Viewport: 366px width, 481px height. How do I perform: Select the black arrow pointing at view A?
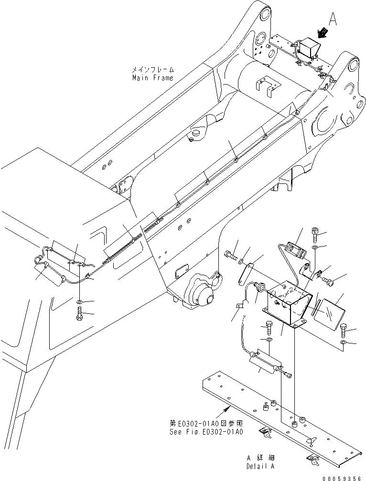[323, 33]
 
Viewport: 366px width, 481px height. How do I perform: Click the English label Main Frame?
[153, 77]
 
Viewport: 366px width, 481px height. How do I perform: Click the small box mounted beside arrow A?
[307, 50]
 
